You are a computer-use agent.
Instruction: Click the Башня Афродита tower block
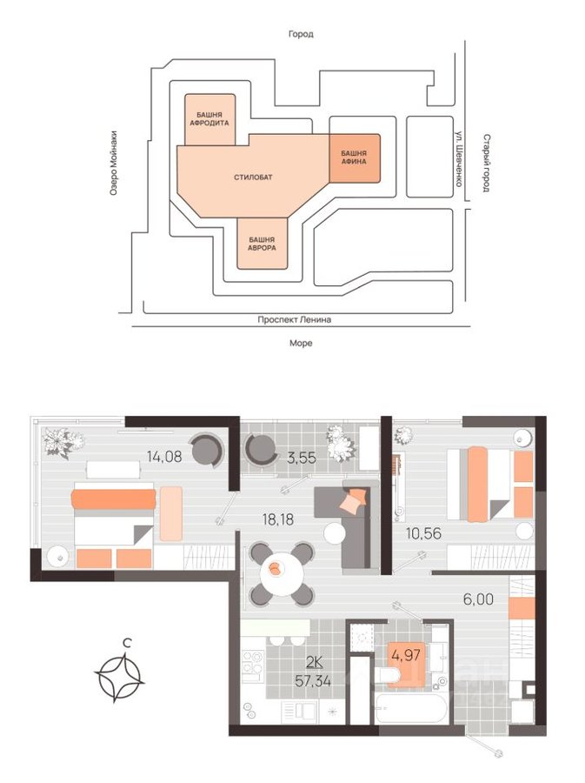pyautogui.click(x=210, y=119)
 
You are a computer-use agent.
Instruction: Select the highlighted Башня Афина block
pyautogui.click(x=355, y=157)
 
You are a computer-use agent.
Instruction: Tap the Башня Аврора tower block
pyautogui.click(x=263, y=244)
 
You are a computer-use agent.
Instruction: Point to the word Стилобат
pyautogui.click(x=253, y=177)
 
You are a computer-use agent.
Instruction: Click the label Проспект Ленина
pyautogui.click(x=295, y=319)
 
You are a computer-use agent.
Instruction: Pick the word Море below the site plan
pyautogui.click(x=301, y=343)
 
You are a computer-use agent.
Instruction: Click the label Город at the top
pyautogui.click(x=301, y=34)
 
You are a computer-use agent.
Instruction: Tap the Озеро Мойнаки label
pyautogui.click(x=114, y=163)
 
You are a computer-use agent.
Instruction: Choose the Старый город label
pyautogui.click(x=486, y=163)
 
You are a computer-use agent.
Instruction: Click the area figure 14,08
pyautogui.click(x=164, y=456)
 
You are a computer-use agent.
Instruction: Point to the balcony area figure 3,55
pyautogui.click(x=302, y=458)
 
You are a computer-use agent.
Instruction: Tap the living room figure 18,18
pyautogui.click(x=278, y=519)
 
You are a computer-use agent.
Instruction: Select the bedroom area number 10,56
pyautogui.click(x=423, y=533)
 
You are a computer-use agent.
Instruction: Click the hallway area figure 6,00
pyautogui.click(x=478, y=599)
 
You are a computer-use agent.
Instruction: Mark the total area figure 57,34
pyautogui.click(x=313, y=680)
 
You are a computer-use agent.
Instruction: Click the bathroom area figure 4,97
pyautogui.click(x=406, y=654)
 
